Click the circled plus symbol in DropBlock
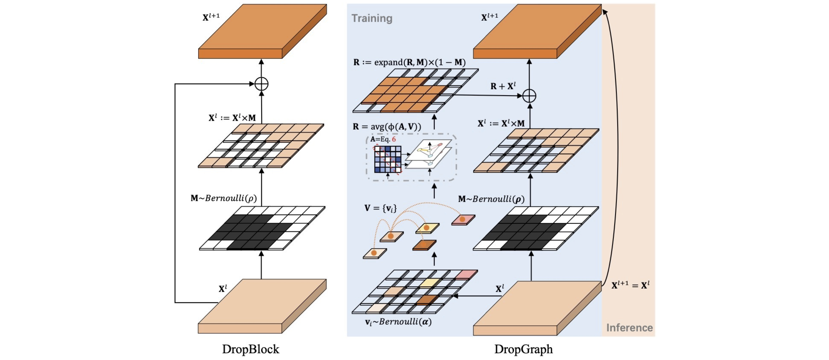(x=261, y=84)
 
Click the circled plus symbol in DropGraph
(x=529, y=96)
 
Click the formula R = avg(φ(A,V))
(x=387, y=127)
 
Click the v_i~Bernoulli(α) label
(x=398, y=322)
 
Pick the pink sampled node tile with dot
(x=463, y=220)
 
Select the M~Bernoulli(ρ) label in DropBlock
(x=224, y=198)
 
